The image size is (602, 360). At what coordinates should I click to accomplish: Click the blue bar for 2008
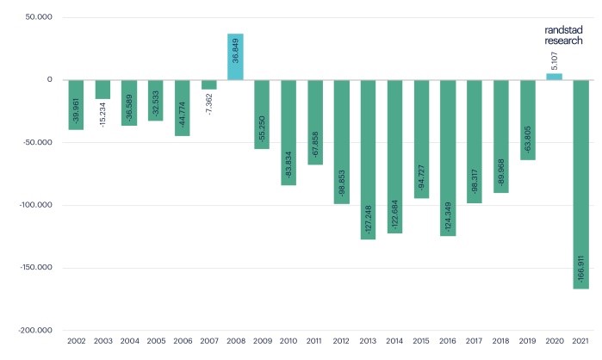click(x=235, y=57)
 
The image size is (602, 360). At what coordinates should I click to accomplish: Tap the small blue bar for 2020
click(x=554, y=77)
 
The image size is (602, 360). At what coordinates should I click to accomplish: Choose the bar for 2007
click(x=208, y=84)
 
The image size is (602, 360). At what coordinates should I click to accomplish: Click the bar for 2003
click(x=102, y=89)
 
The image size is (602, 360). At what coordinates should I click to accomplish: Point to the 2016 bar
click(x=448, y=158)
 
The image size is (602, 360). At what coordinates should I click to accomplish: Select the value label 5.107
click(x=554, y=60)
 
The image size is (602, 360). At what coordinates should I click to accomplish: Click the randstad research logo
click(x=564, y=34)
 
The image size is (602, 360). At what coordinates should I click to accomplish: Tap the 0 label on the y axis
click(x=50, y=80)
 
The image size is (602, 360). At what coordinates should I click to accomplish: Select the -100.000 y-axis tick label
click(x=35, y=205)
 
